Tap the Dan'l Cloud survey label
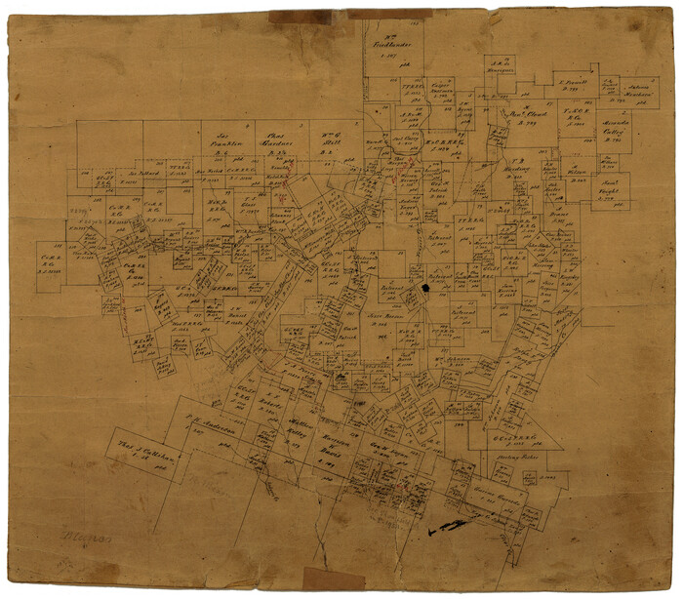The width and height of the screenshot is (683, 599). [x=532, y=114]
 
